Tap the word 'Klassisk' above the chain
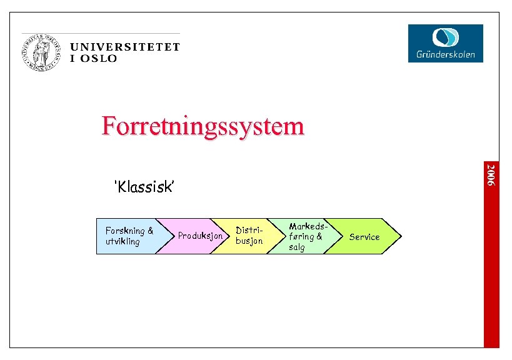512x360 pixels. point(144,186)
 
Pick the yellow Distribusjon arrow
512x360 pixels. point(250,236)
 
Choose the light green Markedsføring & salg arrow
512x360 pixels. point(304,236)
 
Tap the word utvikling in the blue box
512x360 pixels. point(123,241)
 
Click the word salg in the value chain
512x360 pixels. point(296,247)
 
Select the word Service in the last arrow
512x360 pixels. point(364,237)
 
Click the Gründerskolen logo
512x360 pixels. point(445,43)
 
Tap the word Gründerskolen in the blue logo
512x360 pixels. point(445,54)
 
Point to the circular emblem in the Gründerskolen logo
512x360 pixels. point(446,36)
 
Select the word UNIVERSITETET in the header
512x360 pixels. point(124,47)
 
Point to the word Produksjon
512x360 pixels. point(200,236)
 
